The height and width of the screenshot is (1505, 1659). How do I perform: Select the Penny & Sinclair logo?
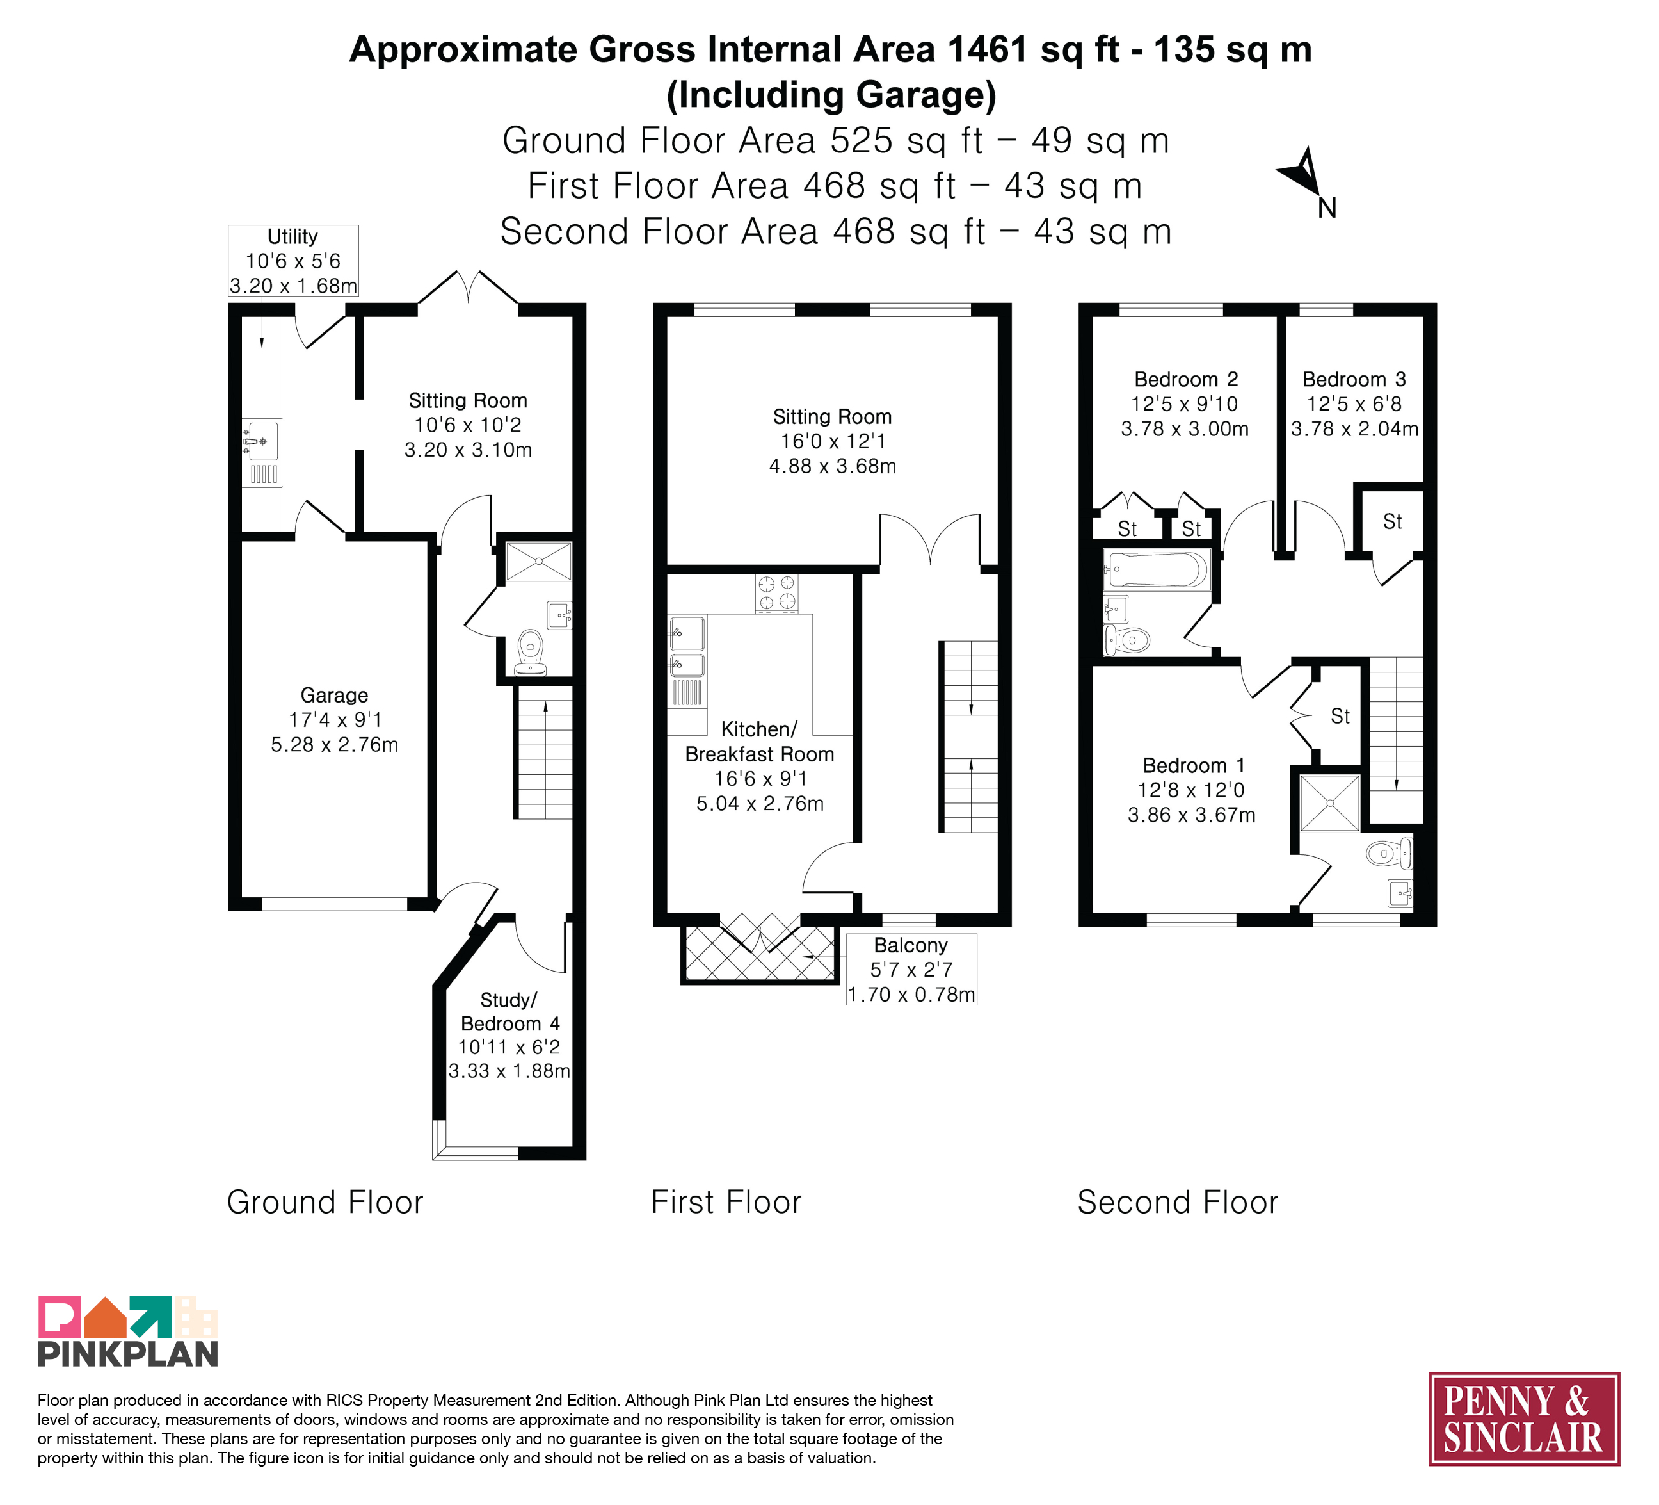[x=1524, y=1419]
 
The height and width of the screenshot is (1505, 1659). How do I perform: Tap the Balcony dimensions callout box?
[x=911, y=969]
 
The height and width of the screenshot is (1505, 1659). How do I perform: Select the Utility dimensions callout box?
[x=293, y=260]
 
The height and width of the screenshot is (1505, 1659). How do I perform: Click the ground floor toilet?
[x=531, y=653]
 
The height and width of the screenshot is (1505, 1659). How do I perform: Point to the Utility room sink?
[x=261, y=442]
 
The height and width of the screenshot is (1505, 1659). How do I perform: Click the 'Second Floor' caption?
[x=1178, y=1202]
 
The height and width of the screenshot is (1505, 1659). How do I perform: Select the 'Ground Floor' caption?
[x=325, y=1202]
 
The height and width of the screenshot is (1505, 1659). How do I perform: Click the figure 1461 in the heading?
[x=988, y=49]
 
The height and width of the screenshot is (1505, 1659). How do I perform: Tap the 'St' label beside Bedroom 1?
[x=1340, y=716]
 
